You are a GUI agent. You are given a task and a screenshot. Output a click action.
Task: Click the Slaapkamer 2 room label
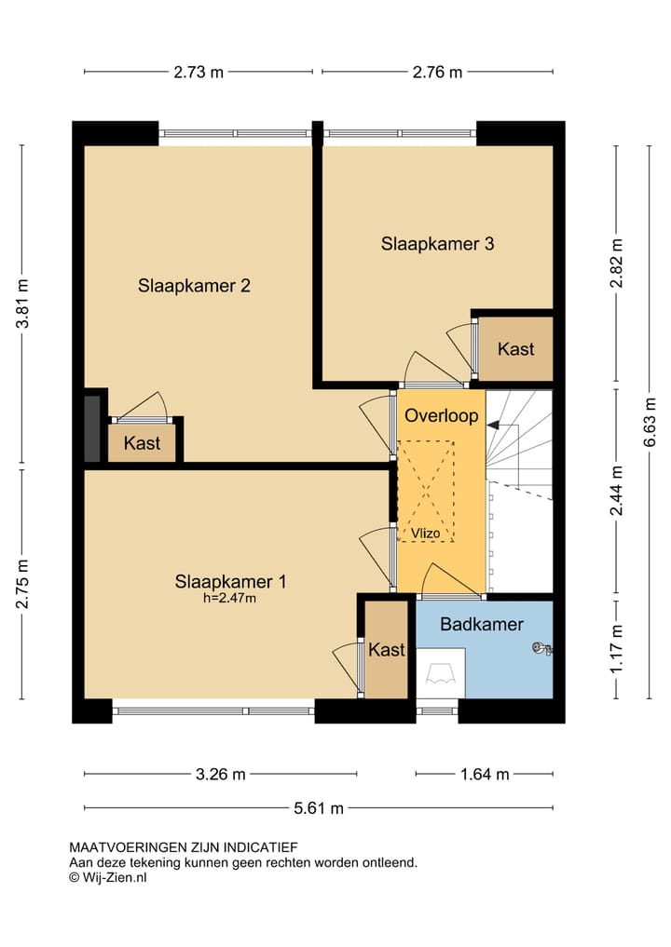(194, 286)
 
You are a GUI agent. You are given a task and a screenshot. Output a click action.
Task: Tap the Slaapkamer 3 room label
(437, 244)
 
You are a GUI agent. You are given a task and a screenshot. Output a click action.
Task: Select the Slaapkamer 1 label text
(230, 582)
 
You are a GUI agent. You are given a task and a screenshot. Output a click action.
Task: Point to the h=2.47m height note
(229, 599)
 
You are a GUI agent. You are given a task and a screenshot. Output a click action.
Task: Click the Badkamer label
(482, 624)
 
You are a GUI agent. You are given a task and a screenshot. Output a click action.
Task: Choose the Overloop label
(442, 415)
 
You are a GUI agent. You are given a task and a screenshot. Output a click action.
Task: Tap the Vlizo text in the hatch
(426, 534)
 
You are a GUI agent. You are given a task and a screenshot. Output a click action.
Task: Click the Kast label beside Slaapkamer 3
(515, 349)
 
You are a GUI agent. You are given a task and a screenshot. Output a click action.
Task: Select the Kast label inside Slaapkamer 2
(142, 443)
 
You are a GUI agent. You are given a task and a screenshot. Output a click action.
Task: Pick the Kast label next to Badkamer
(387, 650)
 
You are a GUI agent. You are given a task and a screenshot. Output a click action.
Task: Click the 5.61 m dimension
(319, 808)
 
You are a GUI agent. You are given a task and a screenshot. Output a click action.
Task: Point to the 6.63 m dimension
(650, 422)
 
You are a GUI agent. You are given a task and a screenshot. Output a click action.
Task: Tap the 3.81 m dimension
(22, 304)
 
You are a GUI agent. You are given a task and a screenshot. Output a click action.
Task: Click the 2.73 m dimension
(199, 73)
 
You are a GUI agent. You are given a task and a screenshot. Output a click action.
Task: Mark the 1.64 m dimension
(485, 775)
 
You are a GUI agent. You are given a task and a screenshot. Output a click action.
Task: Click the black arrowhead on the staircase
(493, 426)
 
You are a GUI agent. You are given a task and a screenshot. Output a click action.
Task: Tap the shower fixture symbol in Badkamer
(541, 649)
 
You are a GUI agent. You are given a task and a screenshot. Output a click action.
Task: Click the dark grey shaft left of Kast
(92, 429)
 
